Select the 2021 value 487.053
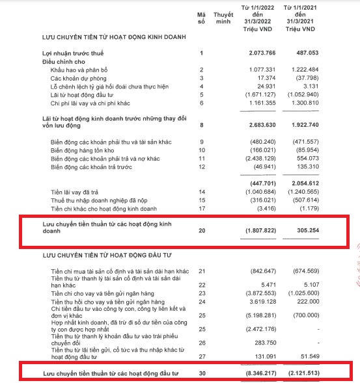[x=304, y=52]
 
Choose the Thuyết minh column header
[x=223, y=18]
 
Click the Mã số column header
[x=201, y=18]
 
